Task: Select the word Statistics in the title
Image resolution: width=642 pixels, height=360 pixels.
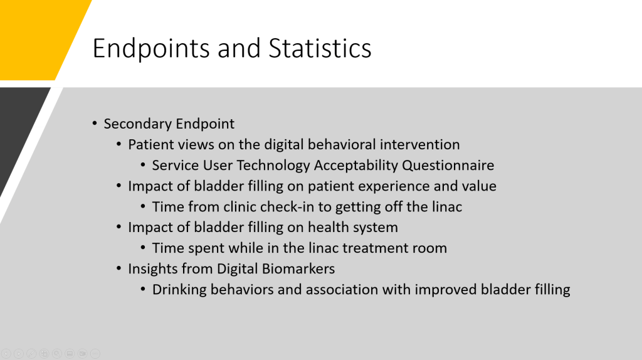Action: pos(320,48)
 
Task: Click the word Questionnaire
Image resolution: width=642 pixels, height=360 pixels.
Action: pos(448,165)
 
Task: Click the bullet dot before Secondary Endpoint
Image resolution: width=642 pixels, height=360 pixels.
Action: pos(95,123)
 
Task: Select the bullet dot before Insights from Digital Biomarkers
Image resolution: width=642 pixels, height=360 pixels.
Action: pos(118,268)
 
